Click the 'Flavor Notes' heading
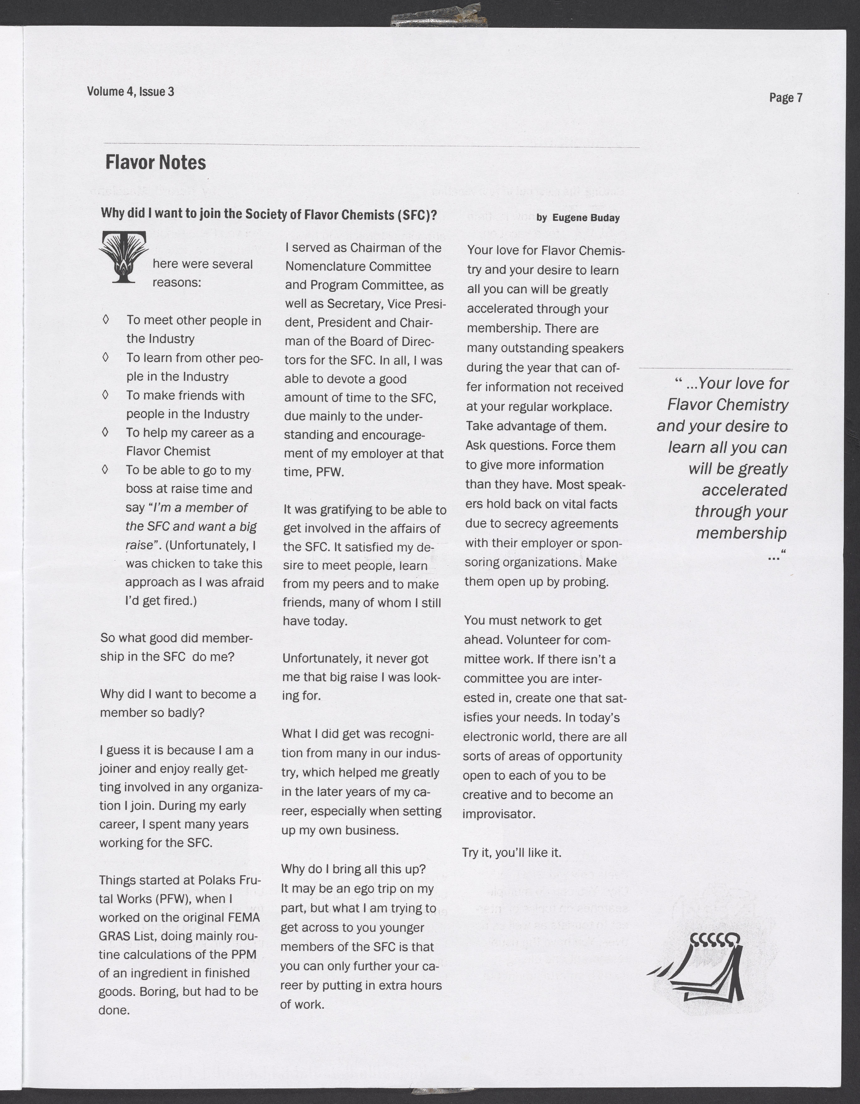[156, 163]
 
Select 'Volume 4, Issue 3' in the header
[130, 91]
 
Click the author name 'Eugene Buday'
[585, 218]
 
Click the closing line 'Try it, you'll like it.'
[512, 853]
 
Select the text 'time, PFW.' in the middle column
[313, 472]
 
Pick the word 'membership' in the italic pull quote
[741, 533]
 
